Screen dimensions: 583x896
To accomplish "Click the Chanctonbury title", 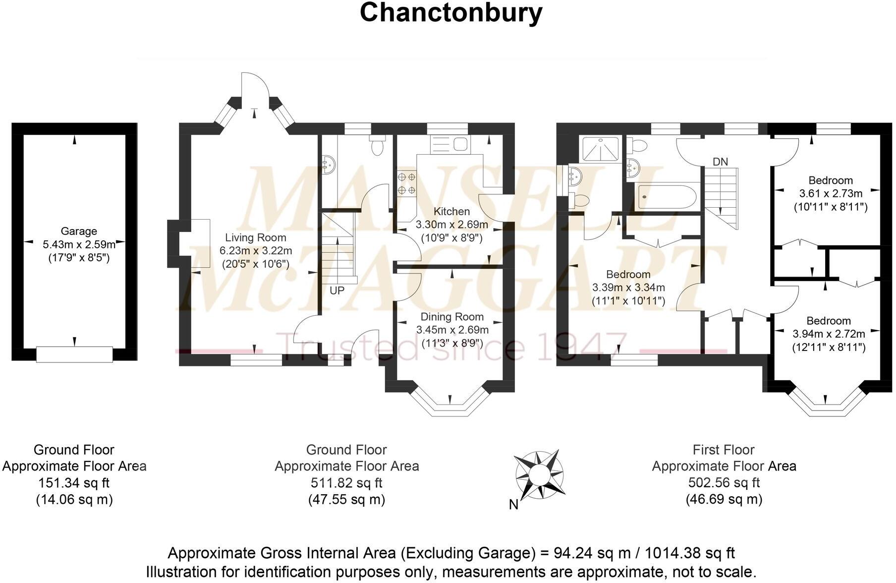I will (450, 13).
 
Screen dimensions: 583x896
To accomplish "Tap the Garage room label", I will (79, 231).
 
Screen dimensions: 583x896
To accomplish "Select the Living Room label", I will (255, 237).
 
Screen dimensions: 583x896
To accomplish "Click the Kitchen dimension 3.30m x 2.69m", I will (451, 225).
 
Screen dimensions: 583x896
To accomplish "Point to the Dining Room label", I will (452, 317).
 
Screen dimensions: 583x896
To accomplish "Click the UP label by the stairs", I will (337, 291).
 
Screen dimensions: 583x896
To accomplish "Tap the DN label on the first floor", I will (720, 162).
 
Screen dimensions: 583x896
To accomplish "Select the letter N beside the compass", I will (514, 505).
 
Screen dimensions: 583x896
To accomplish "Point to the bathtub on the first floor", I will (667, 197).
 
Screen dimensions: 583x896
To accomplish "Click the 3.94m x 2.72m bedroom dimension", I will (829, 334).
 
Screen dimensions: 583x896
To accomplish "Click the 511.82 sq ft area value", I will (346, 482).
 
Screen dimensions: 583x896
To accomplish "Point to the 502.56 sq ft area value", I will (724, 482).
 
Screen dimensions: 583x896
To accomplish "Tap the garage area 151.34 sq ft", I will (74, 482).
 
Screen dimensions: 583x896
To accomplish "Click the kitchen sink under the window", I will (459, 144).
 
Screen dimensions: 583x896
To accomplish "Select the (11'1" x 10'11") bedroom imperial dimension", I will (628, 300).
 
